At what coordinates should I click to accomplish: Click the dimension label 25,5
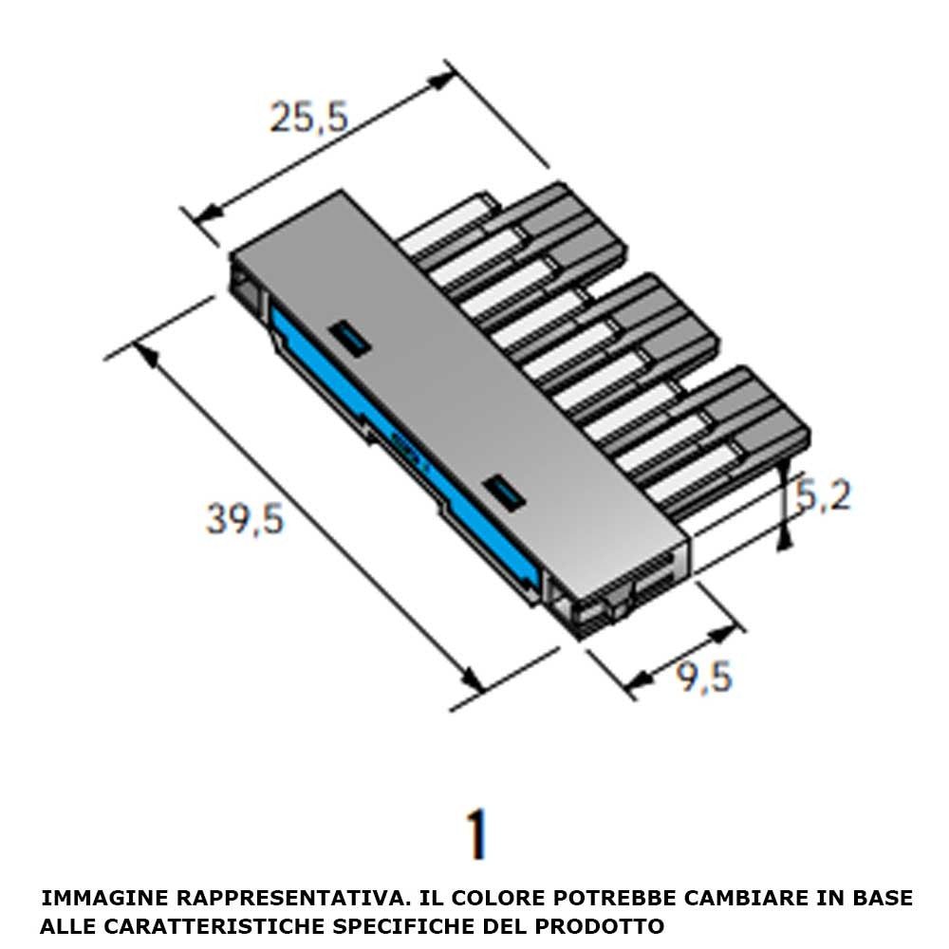point(310,118)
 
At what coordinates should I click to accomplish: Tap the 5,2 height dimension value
point(823,496)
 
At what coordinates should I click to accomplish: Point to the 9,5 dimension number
point(704,677)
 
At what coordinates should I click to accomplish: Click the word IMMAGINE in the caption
point(105,898)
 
